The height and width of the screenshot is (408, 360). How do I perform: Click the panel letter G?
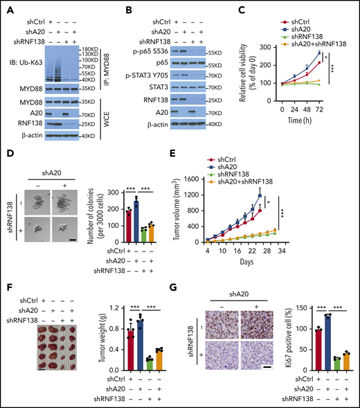[x=181, y=282]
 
